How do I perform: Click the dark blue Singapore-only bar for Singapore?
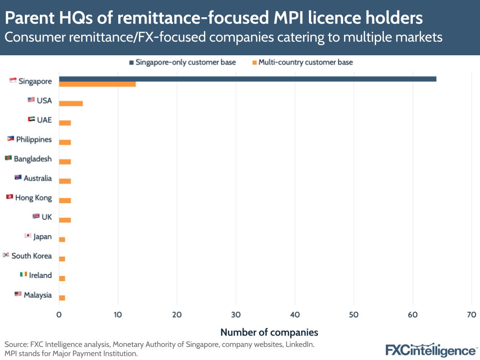point(247,79)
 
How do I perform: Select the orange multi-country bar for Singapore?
point(97,84)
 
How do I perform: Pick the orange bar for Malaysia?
point(62,298)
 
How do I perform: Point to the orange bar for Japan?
point(62,239)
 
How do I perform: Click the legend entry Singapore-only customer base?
point(182,62)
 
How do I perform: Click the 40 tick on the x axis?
point(295,315)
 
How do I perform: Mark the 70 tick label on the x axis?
point(471,315)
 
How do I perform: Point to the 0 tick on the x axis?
point(59,315)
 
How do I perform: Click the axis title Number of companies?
point(269,332)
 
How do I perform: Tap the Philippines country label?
point(34,139)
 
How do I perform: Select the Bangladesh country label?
point(33,159)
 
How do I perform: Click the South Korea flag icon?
point(6,255)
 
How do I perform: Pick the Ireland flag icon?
point(24,274)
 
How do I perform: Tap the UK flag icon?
point(36,216)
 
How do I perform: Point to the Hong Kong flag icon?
point(9,197)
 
